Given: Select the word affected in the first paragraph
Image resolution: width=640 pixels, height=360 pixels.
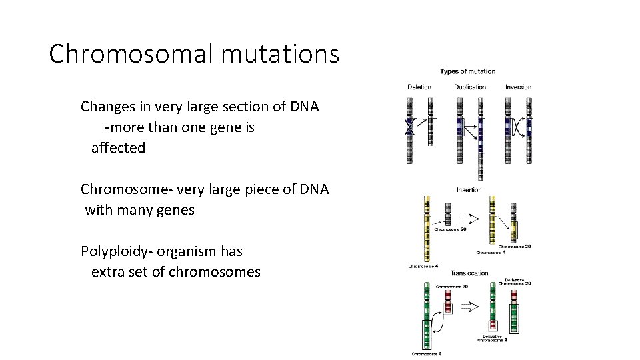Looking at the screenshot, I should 118,148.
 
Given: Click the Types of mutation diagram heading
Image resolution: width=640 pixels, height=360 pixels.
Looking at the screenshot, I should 467,71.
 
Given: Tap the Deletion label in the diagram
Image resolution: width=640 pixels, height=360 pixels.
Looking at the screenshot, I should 419,87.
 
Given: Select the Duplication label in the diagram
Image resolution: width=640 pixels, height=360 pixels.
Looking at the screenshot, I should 470,87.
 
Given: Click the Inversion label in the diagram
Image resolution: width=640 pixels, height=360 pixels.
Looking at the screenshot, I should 518,87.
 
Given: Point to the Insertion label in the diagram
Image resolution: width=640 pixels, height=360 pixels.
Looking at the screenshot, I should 469,190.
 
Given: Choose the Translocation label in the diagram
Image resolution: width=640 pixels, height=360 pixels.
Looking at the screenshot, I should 469,273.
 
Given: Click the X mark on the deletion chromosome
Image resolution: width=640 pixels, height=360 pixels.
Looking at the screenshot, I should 410,127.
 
